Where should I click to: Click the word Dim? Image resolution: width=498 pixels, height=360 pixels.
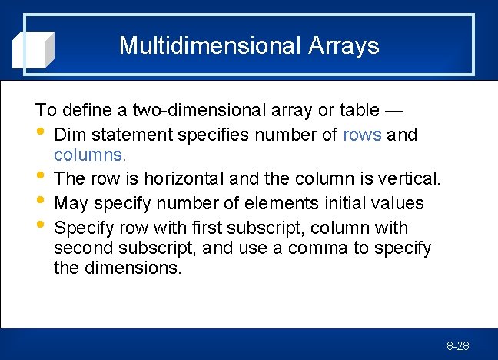click(x=71, y=135)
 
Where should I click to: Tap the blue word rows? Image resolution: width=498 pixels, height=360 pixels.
click(x=362, y=135)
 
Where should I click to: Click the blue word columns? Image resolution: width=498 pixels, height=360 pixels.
click(x=89, y=155)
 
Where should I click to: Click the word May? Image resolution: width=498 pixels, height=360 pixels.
click(x=72, y=204)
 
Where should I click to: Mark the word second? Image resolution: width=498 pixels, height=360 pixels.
click(x=85, y=248)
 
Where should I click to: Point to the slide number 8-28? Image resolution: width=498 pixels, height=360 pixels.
click(x=457, y=347)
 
